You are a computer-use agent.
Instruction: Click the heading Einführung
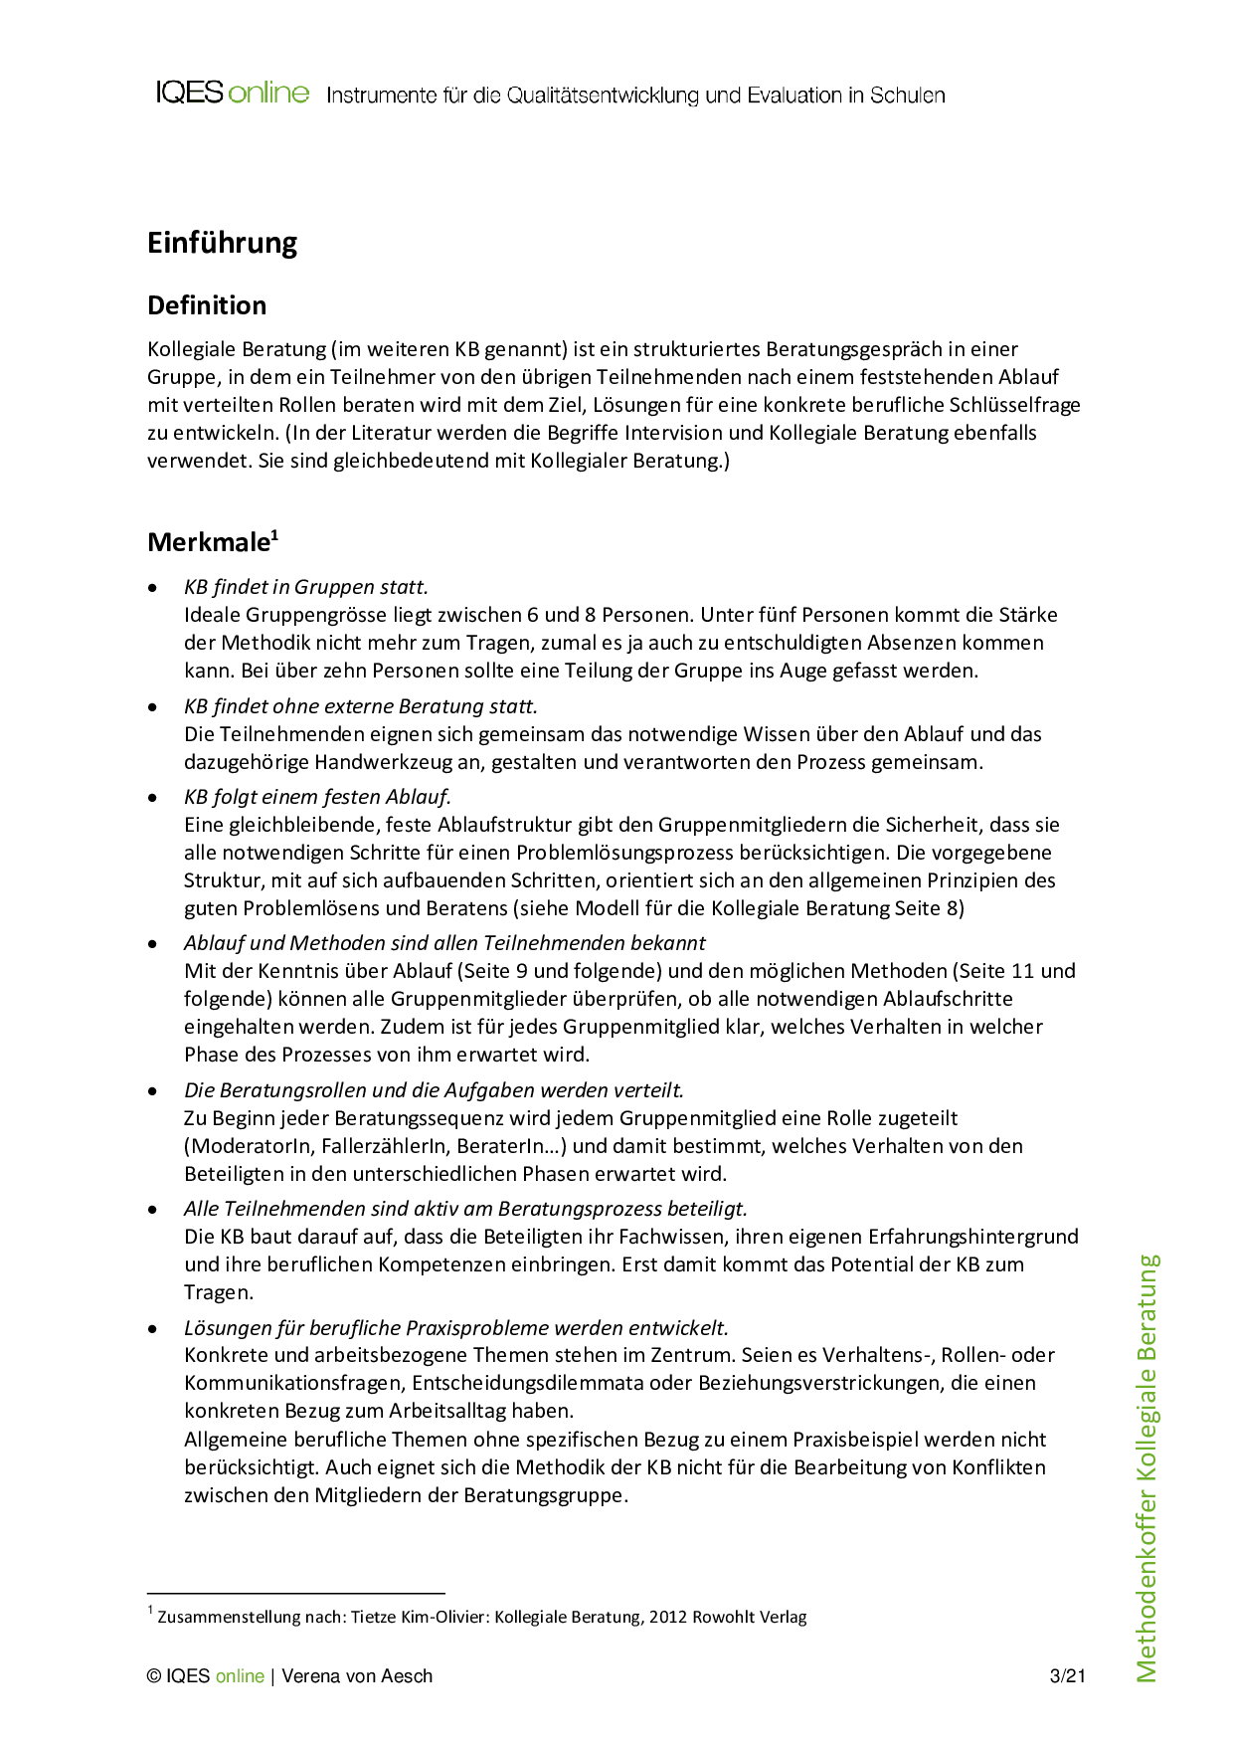222,243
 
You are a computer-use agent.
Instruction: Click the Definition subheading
207,305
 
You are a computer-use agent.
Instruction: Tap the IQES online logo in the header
233,94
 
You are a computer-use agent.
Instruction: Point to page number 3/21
1067,1676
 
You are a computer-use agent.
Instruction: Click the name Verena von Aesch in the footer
357,1676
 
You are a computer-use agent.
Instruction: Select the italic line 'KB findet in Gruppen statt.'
306,587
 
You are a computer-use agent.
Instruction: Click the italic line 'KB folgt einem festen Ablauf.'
317,797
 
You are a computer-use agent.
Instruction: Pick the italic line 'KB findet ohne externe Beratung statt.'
360,706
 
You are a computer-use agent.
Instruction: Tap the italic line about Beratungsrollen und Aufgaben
434,1090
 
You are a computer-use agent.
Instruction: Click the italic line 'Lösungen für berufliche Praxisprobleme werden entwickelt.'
455,1328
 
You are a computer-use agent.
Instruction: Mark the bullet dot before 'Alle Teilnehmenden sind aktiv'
152,1210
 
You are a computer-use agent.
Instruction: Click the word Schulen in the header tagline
907,96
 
